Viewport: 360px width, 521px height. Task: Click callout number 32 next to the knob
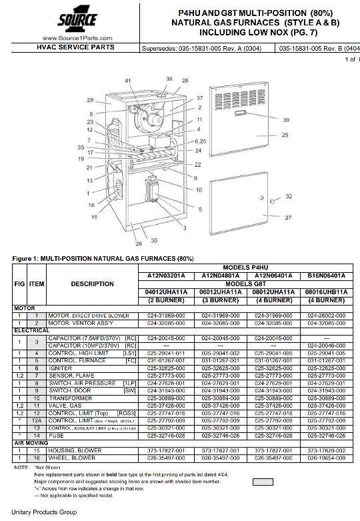(289, 197)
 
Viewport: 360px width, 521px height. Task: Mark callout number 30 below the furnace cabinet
(153, 240)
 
